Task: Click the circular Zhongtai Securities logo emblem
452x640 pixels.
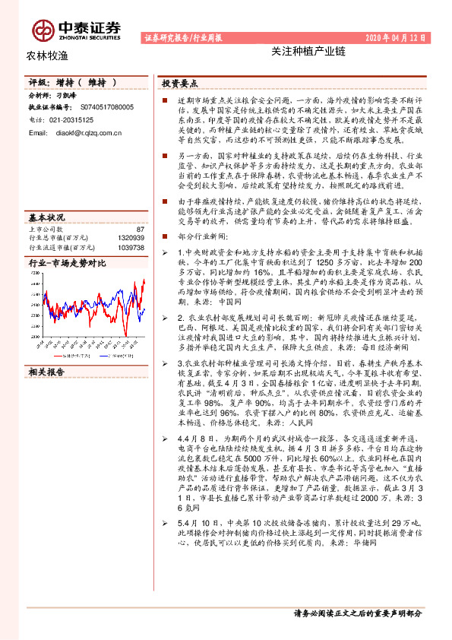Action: tap(43, 29)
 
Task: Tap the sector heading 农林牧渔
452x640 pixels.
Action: tap(47, 55)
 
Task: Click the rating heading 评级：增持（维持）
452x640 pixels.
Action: tap(73, 82)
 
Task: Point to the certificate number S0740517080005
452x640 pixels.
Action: tap(106, 108)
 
